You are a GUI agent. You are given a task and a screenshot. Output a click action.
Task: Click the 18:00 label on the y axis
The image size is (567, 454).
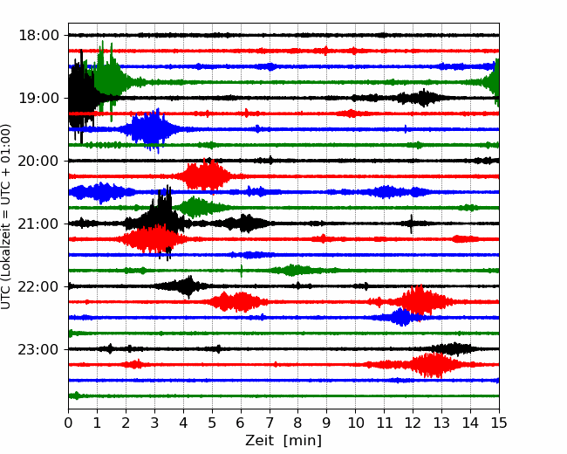pos(38,36)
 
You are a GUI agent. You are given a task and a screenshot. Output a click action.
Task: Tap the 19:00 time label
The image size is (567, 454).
pos(38,98)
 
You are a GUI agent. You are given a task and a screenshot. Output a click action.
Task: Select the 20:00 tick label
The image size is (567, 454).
pos(38,161)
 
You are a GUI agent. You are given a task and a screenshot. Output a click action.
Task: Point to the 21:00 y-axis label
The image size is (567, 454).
pos(38,224)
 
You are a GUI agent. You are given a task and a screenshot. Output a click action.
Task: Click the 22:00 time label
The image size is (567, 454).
pos(38,286)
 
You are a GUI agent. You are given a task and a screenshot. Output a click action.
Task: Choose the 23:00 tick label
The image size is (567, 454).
pos(38,349)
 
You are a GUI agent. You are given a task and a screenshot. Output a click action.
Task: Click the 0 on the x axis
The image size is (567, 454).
pos(68,423)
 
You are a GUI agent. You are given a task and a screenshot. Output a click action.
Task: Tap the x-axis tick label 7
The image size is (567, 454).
pos(270,423)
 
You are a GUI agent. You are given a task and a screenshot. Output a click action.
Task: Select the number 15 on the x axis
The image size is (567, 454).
pos(499,423)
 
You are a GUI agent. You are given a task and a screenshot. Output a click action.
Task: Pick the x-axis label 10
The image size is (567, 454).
pos(355,423)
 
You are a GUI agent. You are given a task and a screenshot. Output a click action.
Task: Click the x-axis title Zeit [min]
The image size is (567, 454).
pos(283,441)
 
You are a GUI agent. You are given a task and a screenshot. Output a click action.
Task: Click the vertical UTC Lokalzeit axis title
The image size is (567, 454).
pos(5,217)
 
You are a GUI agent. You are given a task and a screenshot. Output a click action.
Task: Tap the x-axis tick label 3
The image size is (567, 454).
pos(154,423)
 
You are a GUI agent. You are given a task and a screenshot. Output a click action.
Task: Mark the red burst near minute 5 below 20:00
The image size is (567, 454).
pos(207,176)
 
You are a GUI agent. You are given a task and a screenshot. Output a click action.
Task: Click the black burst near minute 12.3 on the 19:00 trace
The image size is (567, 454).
pos(421,98)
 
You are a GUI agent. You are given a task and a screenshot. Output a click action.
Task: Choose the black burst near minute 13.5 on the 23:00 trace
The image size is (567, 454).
pos(453,349)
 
